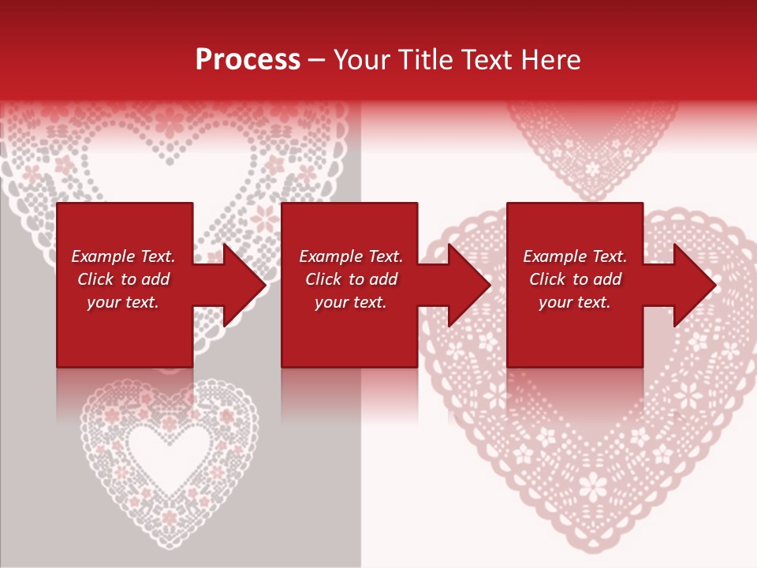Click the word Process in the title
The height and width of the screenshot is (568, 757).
click(248, 60)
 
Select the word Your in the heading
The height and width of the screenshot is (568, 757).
click(360, 60)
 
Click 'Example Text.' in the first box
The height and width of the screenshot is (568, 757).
click(123, 256)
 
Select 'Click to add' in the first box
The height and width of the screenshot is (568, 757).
click(123, 279)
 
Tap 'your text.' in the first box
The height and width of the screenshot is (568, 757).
click(123, 302)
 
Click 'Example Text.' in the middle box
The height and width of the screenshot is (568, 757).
click(350, 256)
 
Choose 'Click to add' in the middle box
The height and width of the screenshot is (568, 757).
click(350, 279)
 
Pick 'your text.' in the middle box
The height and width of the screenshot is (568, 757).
click(350, 302)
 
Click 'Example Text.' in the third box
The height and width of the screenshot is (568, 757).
click(575, 256)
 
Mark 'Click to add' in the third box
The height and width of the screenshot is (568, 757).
click(575, 279)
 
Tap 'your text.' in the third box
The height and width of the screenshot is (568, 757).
click(575, 302)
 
